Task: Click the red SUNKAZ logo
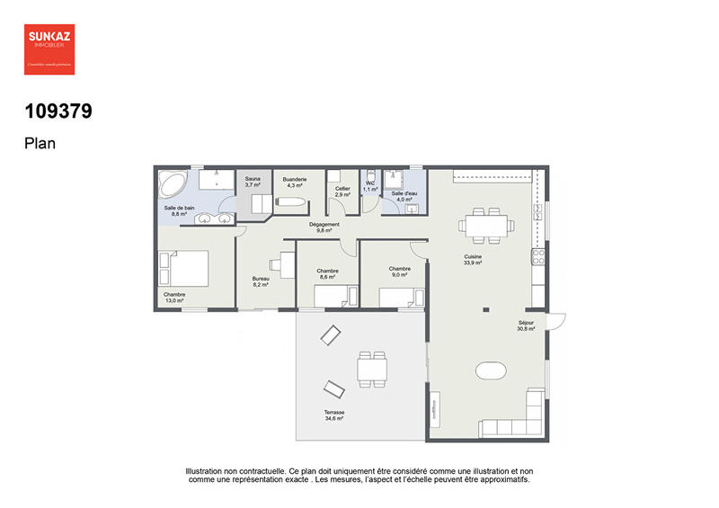[x=49, y=49]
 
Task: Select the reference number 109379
[x=58, y=112]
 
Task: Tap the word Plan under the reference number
[x=40, y=142]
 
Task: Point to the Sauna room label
[x=253, y=182]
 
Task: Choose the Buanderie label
[x=294, y=182]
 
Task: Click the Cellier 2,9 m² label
[x=342, y=191]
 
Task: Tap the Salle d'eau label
[x=402, y=196]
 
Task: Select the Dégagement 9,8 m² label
[x=324, y=227]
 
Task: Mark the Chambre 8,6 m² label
[x=327, y=273]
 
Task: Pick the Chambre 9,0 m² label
[x=400, y=271]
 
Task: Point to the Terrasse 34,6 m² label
[x=334, y=416]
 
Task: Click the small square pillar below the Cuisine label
[x=485, y=311]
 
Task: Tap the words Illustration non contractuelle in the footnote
[x=235, y=470]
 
